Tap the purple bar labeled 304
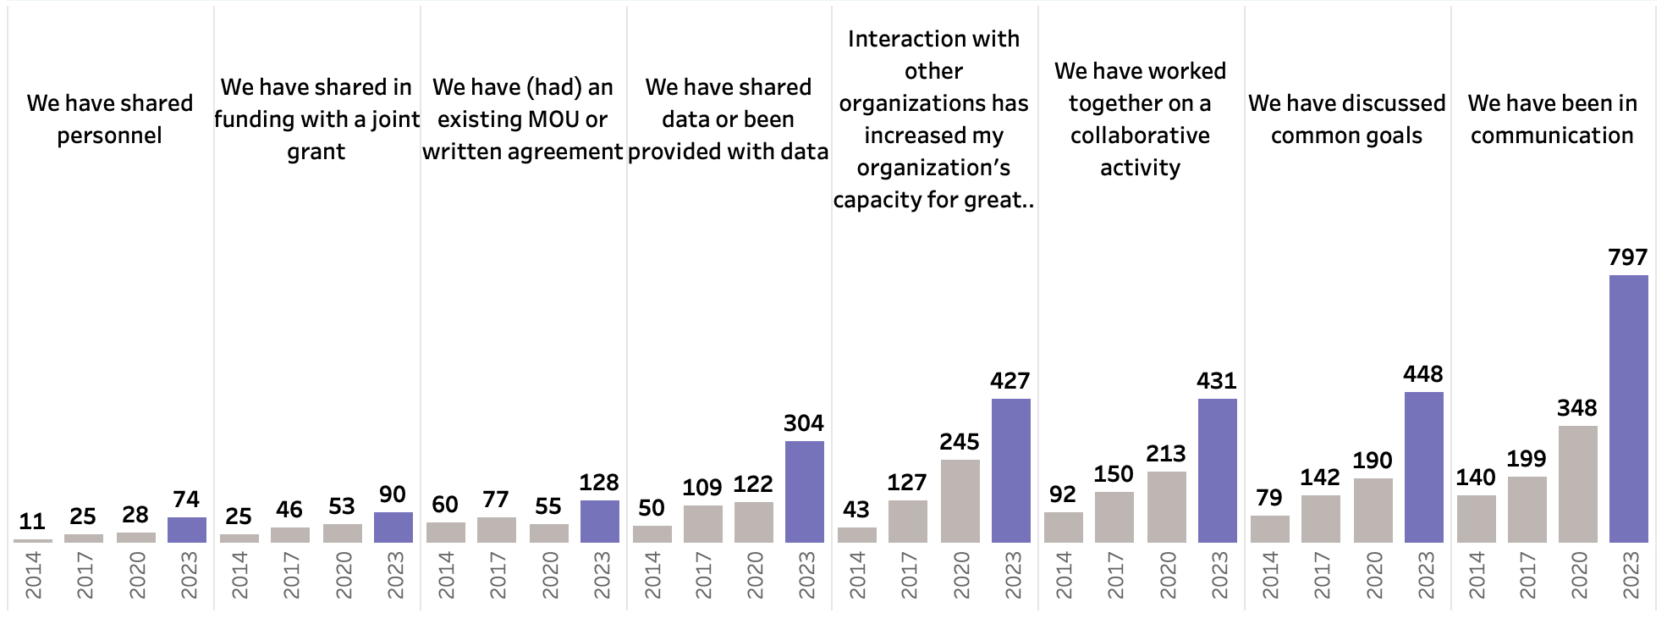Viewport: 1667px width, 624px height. click(804, 492)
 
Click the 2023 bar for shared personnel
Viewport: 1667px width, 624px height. click(186, 530)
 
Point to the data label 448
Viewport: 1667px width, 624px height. click(1423, 374)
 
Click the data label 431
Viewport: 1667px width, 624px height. click(1217, 381)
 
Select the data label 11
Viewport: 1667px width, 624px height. click(32, 522)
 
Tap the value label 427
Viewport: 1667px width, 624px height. click(1010, 381)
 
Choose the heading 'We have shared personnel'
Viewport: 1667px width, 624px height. click(110, 119)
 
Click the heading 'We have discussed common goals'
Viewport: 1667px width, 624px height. click(1347, 119)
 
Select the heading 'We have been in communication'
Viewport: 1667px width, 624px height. click(1552, 119)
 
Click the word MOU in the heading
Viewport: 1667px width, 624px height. click(553, 119)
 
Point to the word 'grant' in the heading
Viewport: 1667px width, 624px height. click(316, 152)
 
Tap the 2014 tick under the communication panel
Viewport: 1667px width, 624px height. click(1477, 576)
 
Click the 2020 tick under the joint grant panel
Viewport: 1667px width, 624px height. click(343, 576)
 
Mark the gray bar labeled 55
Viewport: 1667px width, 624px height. click(548, 533)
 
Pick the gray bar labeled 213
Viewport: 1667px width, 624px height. click(1166, 507)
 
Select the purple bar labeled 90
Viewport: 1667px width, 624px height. click(393, 527)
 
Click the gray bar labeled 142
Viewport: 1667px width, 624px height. click(1320, 519)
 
